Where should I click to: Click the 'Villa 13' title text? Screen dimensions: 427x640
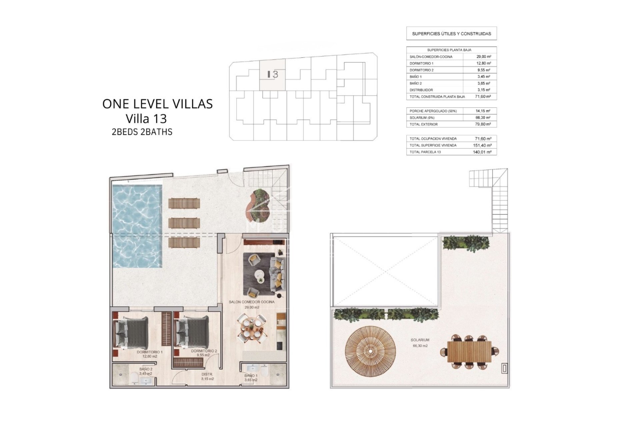pos(146,119)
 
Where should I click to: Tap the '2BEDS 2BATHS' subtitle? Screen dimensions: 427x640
pos(142,132)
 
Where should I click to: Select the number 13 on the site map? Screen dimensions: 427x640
pos(273,74)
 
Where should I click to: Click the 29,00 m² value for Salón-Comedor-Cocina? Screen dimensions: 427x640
pos(484,57)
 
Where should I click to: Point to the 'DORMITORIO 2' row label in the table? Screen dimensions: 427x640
pos(421,70)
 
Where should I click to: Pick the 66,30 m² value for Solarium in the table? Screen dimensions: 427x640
pos(484,118)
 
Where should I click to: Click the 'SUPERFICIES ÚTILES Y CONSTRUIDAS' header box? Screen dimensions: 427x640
pos(451,34)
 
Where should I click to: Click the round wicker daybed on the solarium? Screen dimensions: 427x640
pos(370,351)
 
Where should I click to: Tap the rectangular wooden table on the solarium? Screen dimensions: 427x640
pos(469,352)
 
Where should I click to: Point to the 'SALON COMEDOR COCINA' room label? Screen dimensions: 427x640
pos(252,302)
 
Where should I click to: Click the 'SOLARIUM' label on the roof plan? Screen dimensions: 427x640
pos(420,340)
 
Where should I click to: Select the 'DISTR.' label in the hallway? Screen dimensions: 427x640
pos(207,374)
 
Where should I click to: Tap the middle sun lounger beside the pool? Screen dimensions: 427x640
pos(184,223)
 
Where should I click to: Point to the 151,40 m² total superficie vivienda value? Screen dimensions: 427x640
pos(482,145)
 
